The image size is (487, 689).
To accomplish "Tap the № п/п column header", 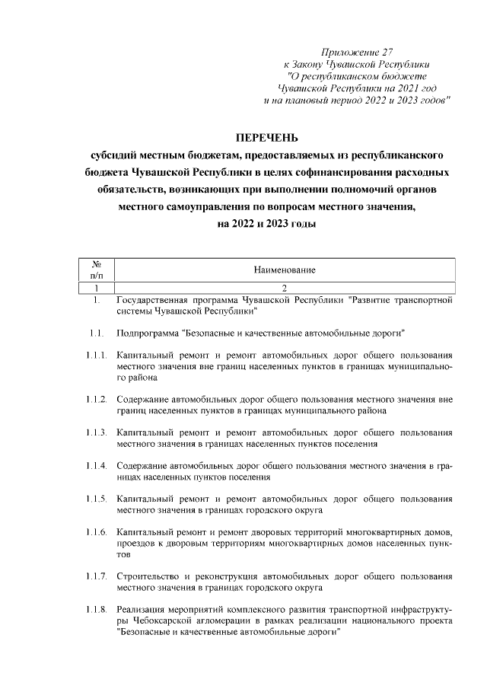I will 97,270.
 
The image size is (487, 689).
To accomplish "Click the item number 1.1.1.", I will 96,355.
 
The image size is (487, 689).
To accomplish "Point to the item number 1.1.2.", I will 96,399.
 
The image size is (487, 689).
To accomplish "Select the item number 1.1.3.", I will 96,432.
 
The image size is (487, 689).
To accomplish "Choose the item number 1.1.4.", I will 96,465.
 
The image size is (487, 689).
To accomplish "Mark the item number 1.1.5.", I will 96,499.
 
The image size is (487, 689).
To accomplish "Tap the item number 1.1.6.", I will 96,531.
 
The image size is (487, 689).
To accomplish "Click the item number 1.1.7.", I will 96,576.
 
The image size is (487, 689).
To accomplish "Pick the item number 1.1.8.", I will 96,609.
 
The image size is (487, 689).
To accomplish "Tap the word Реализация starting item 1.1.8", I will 142,609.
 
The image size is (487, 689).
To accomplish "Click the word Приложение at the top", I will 349,52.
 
